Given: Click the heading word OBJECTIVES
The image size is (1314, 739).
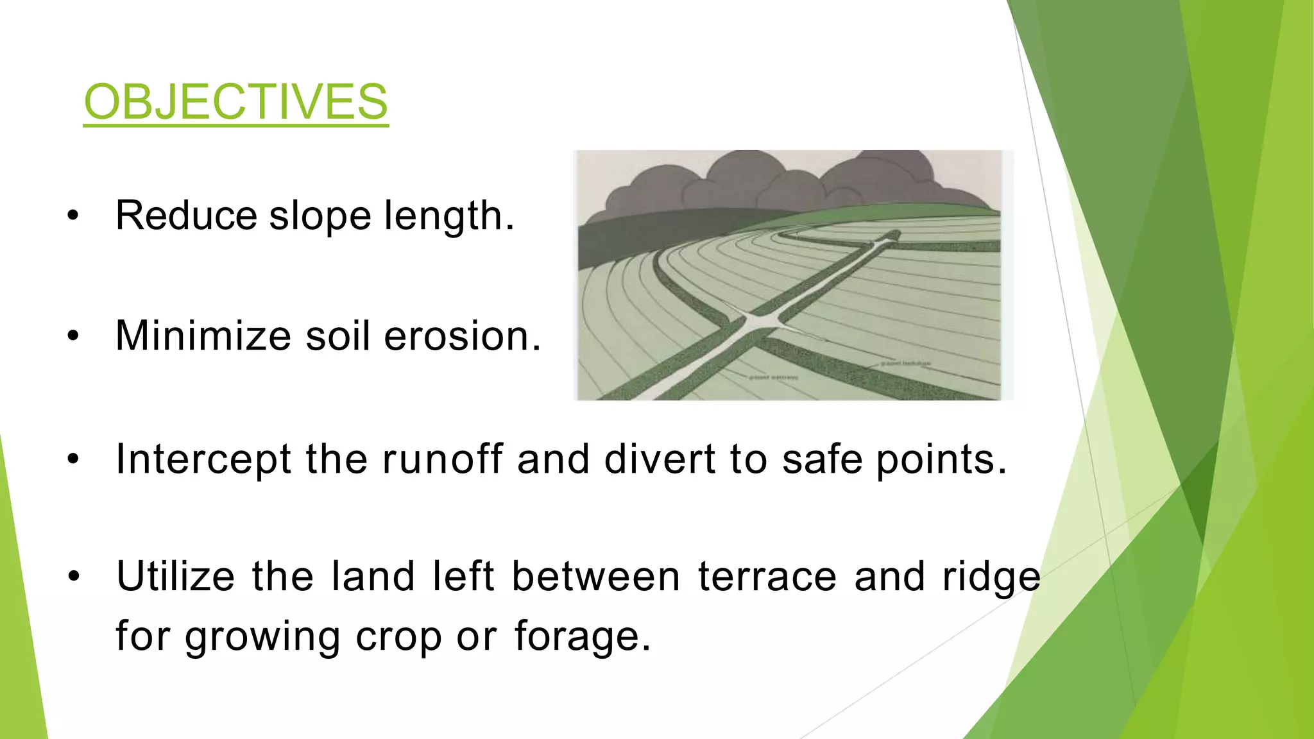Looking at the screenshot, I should (x=235, y=102).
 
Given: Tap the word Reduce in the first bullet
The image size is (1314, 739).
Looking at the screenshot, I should (x=186, y=216).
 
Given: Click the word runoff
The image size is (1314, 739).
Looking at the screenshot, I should (x=443, y=459).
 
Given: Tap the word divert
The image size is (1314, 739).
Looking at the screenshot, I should (x=659, y=459).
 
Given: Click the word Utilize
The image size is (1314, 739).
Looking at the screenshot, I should (x=176, y=576).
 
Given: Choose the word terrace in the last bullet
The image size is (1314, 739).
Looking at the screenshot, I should (x=767, y=576).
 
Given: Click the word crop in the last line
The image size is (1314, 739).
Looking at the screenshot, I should (x=398, y=637).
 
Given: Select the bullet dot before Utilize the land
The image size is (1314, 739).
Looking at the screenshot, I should (x=74, y=576).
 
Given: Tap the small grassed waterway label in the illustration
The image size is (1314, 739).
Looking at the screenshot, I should (x=774, y=377).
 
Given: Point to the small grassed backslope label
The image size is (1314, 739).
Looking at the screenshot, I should (x=905, y=364).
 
